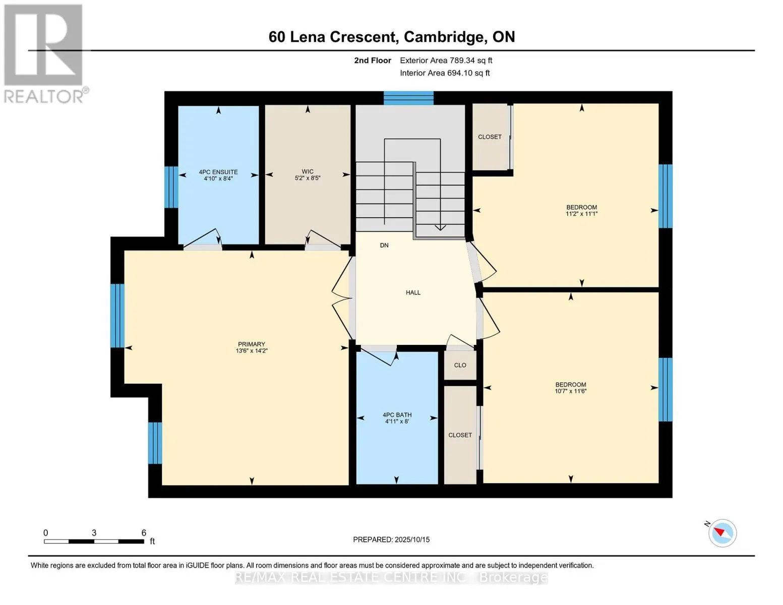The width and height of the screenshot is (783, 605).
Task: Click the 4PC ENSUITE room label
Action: point(218,172)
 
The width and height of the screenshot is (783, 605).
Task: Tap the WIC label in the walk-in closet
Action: point(308,171)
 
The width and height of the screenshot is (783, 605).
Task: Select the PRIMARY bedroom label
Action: point(251,344)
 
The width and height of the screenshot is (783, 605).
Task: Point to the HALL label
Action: point(413,292)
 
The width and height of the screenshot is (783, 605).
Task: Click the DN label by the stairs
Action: point(384,246)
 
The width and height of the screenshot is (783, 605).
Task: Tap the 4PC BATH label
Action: point(397,415)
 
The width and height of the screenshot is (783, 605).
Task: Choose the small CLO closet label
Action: point(460,365)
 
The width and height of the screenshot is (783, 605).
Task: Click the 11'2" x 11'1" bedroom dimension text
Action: point(581,214)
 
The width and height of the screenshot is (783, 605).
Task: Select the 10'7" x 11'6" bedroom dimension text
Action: point(570,391)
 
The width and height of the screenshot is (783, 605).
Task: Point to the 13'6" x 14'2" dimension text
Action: point(252,350)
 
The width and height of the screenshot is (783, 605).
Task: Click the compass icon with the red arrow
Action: point(722,533)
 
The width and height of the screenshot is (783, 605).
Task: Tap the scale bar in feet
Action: point(94,541)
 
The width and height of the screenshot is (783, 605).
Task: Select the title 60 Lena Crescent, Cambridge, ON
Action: point(392,37)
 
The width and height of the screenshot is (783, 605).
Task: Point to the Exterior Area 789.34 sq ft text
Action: point(446,60)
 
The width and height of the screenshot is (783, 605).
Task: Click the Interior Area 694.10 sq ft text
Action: point(445,73)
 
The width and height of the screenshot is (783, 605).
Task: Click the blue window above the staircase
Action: point(408,98)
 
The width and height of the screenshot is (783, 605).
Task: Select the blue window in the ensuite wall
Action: point(171,187)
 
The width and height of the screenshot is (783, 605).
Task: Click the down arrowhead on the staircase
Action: point(440,228)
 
